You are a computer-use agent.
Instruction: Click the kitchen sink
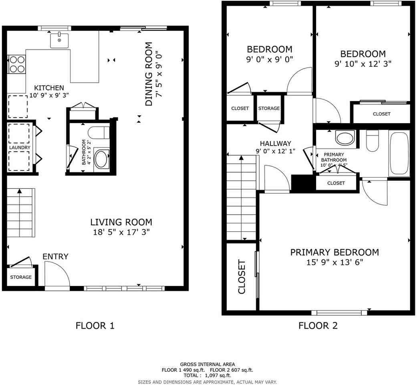[59, 41]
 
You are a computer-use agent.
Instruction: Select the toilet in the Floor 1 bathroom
[98, 132]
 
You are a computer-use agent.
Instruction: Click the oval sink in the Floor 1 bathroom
[101, 159]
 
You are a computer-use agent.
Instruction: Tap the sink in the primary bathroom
[345, 138]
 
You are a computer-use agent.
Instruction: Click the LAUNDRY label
[20, 148]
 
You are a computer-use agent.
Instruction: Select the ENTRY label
[55, 257]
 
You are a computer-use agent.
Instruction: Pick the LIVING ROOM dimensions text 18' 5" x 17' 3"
[121, 232]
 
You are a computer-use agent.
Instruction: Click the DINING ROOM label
[149, 74]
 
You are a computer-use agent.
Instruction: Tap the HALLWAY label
[275, 143]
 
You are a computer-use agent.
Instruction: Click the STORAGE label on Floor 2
[269, 108]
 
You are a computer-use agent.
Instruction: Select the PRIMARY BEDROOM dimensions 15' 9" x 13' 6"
[334, 263]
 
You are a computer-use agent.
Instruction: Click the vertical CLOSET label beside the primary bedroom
[242, 276]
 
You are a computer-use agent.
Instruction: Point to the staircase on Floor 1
[20, 213]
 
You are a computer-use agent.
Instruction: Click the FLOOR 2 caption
[318, 325]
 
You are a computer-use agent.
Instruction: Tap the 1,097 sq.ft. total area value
[218, 375]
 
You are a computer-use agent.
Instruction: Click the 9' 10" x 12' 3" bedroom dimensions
[363, 63]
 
